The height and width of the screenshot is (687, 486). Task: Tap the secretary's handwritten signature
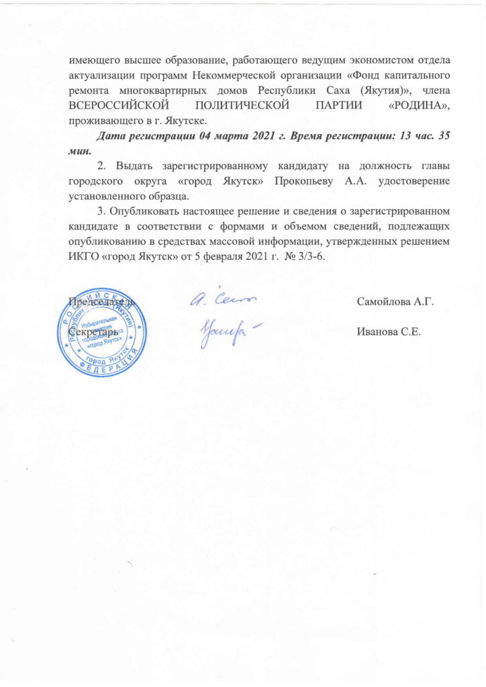click(x=222, y=331)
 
